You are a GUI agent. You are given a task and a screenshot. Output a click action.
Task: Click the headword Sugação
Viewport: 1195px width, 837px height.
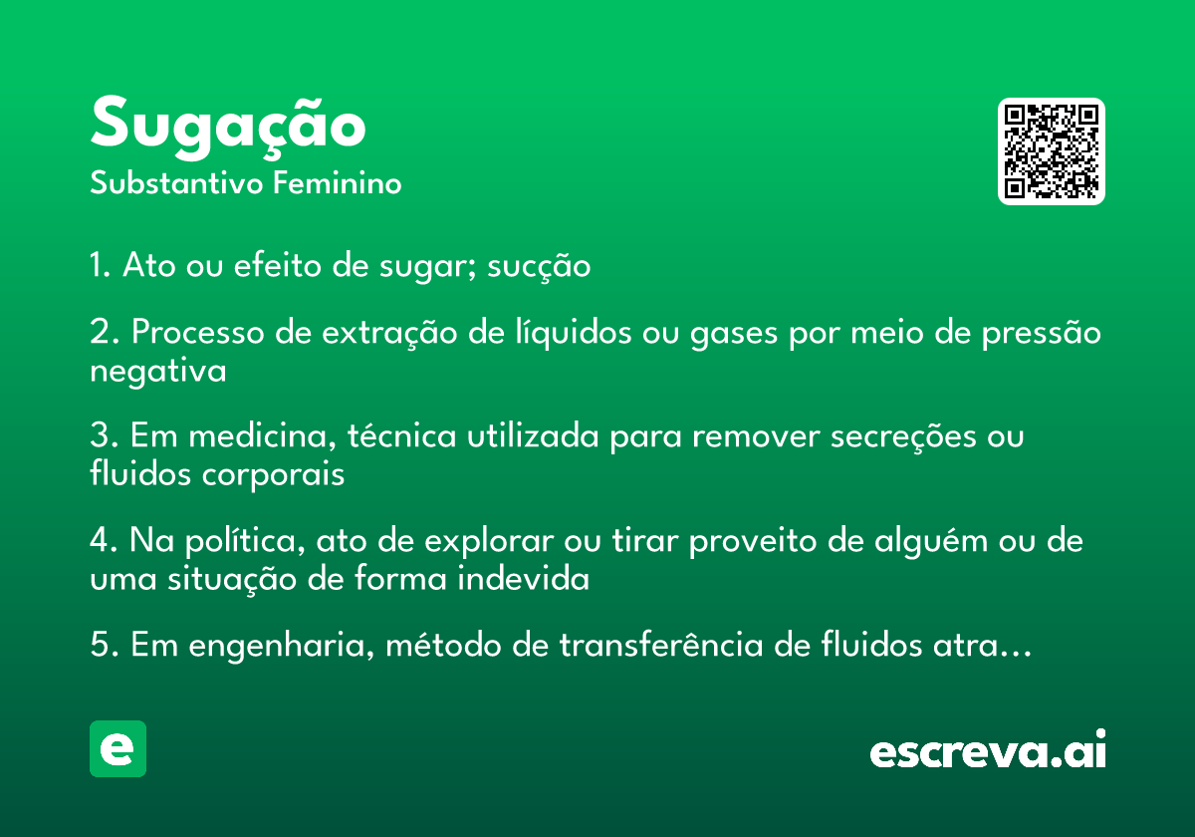coord(228,128)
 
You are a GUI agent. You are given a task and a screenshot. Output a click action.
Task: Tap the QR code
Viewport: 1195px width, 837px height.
coord(1051,151)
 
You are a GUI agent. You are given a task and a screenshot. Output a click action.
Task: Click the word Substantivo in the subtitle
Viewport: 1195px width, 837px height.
coord(176,183)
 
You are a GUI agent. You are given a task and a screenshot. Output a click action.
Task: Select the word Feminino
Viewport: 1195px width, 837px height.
coord(338,183)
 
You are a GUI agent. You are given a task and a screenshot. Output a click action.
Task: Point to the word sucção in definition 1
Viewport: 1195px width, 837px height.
coord(539,267)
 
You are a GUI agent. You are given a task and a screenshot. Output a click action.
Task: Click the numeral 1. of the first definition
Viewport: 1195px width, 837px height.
coord(101,264)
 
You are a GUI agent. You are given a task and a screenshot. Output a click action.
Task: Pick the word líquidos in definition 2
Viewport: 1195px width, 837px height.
coord(573,333)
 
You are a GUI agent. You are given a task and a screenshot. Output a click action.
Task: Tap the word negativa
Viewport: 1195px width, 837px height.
coord(158,371)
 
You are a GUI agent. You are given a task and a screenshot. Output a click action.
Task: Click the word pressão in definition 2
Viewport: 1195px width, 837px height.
coord(1042,333)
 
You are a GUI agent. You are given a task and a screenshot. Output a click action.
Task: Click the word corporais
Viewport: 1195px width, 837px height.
coord(273,475)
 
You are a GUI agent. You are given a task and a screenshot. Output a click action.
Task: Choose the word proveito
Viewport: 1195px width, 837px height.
coord(753,541)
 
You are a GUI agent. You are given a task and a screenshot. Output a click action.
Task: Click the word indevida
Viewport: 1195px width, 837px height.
coord(524,579)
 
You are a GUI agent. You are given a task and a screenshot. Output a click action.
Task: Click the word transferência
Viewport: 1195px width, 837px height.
coord(661,645)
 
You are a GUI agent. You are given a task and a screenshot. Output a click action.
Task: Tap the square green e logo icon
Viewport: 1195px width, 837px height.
coord(118,748)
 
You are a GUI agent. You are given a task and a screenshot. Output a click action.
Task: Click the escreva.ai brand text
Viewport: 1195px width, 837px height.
coord(988,749)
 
